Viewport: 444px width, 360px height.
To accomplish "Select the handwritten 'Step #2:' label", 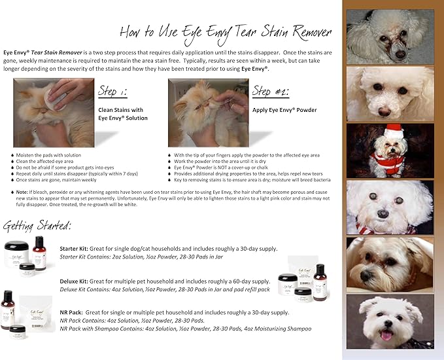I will [271, 90].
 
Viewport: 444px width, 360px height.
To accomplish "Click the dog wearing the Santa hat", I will [389, 151].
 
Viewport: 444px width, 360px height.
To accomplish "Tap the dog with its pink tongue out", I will [389, 321].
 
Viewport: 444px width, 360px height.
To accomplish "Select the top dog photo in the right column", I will [389, 36].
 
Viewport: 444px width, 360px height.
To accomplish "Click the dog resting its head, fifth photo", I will [389, 264].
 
